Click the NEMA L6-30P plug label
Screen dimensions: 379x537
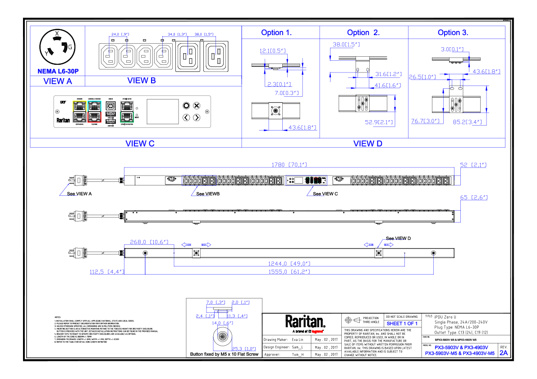(x=58, y=71)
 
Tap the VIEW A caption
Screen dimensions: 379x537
(x=57, y=81)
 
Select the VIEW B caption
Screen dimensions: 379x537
(x=142, y=81)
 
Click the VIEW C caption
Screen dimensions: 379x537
(x=140, y=144)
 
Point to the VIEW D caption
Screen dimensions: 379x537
(x=367, y=144)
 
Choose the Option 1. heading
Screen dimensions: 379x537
(x=276, y=32)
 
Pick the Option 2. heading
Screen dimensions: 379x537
(x=363, y=32)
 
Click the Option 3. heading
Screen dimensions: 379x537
(x=453, y=32)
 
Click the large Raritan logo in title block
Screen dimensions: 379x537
(x=305, y=321)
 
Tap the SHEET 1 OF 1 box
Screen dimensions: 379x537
(x=402, y=323)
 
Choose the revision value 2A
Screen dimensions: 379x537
(x=503, y=353)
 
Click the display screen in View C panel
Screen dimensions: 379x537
(x=163, y=111)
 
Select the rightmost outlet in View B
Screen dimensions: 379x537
(x=216, y=56)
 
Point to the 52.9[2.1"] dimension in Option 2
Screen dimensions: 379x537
(x=379, y=122)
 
